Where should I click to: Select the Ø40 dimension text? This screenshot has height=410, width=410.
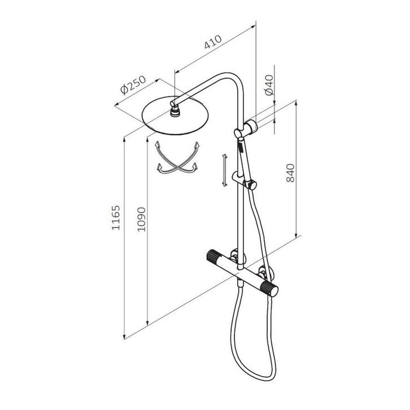(x=269, y=85)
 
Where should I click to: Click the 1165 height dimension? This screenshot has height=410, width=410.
(x=116, y=218)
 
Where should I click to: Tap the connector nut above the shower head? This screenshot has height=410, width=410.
(x=176, y=107)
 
